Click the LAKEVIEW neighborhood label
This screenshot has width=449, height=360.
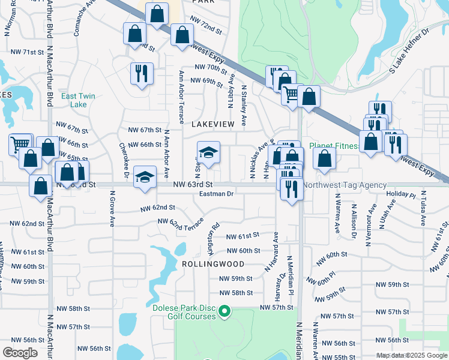pyautogui.click(x=212, y=124)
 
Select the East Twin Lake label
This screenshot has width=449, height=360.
pyautogui.click(x=77, y=100)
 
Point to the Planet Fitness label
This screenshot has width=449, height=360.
pyautogui.click(x=335, y=146)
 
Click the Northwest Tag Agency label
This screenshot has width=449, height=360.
pyautogui.click(x=345, y=185)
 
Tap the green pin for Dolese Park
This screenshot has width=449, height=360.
pyautogui.click(x=224, y=311)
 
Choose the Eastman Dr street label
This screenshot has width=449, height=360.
pyautogui.click(x=216, y=194)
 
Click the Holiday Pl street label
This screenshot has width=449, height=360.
pyautogui.click(x=401, y=195)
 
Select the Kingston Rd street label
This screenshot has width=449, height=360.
pyautogui.click(x=213, y=230)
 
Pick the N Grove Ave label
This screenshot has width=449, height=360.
pyautogui.click(x=112, y=209)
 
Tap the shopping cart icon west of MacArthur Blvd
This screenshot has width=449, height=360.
pyautogui.click(x=20, y=144)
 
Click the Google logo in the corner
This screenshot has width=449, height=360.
pyautogui.click(x=20, y=353)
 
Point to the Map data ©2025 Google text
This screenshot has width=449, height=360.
pyautogui.click(x=412, y=355)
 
